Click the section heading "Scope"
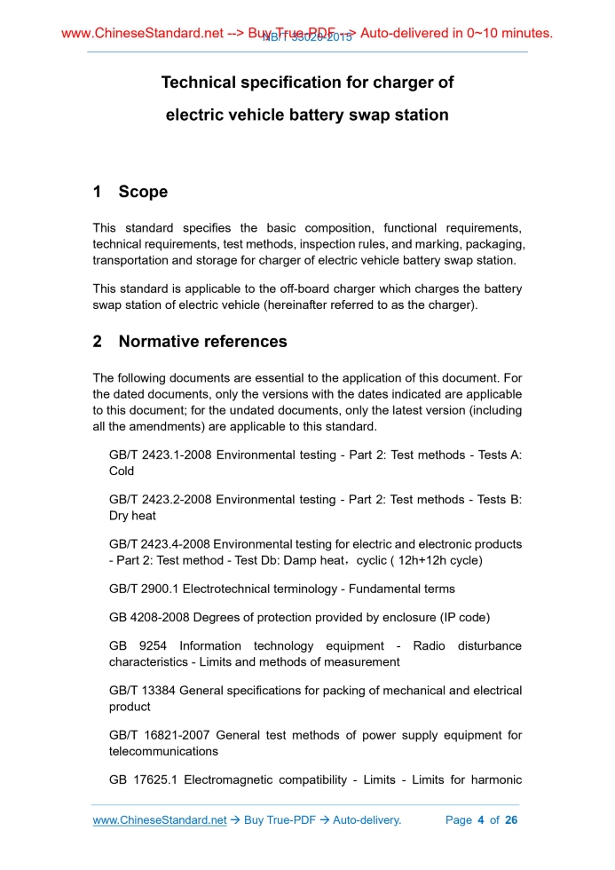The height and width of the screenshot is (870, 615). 143,192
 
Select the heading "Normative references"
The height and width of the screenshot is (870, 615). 202,342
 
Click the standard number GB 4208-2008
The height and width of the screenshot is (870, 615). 152,617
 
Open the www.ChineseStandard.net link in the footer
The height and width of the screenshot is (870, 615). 160,820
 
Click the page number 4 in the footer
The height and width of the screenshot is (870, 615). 480,820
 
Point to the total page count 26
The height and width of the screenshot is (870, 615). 511,820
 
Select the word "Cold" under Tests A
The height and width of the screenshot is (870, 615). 122,471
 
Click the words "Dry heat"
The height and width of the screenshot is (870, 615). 132,516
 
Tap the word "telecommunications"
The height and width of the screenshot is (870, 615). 165,751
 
